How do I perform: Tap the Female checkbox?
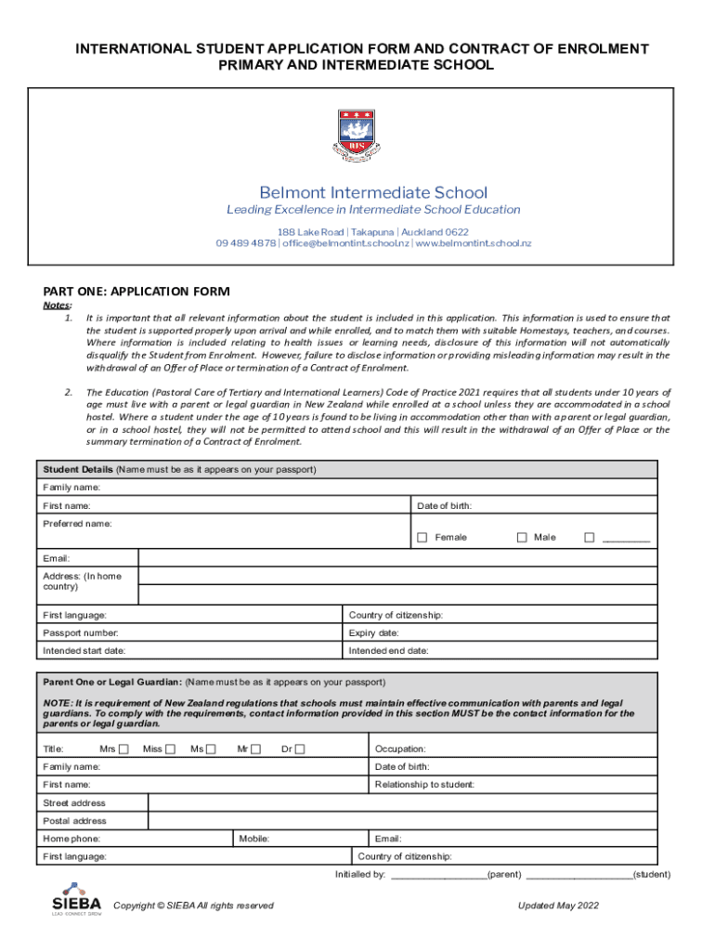click(422, 538)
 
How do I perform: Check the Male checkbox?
click(522, 538)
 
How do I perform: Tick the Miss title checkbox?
click(170, 749)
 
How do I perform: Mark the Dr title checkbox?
click(300, 749)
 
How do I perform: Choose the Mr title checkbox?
click(255, 749)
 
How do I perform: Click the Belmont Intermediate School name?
click(373, 193)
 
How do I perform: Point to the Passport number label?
click(81, 633)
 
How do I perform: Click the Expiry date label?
click(373, 633)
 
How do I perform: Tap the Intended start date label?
click(84, 651)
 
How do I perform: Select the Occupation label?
click(400, 749)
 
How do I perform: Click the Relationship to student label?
click(424, 785)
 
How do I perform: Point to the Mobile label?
click(253, 839)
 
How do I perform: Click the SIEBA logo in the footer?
click(76, 899)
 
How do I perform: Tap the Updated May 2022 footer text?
click(559, 905)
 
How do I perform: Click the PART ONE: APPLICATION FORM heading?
click(136, 292)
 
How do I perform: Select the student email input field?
click(397, 558)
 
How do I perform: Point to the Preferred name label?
click(77, 524)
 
